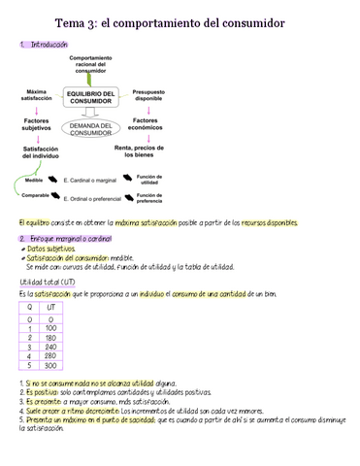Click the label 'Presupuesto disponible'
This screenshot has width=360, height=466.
[148, 94]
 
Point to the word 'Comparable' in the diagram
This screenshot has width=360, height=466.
[36, 196]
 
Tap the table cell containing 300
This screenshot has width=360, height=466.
[51, 365]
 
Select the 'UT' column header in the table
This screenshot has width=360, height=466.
[51, 308]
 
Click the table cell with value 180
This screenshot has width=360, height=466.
[51, 337]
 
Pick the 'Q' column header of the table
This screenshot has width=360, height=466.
[28, 308]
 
